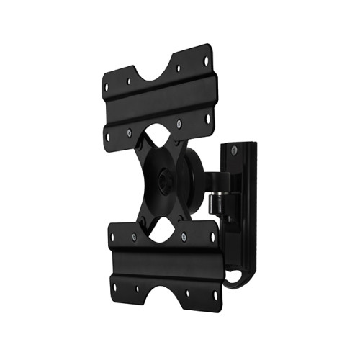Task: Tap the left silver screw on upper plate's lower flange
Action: [x=128, y=132]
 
